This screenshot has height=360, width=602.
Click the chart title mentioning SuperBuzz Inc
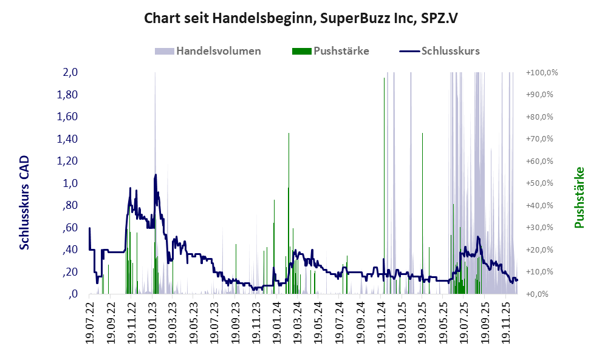[x=301, y=19]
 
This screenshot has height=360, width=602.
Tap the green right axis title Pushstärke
[x=579, y=197]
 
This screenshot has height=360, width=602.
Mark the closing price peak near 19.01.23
[x=156, y=175]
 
